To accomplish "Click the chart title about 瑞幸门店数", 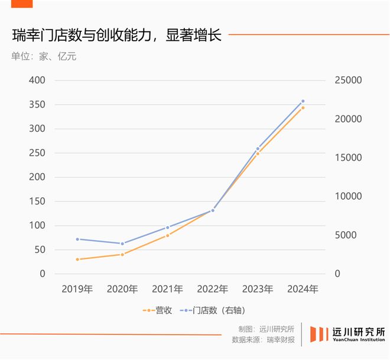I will pos(116,35).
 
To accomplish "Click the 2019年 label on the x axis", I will pos(77,290).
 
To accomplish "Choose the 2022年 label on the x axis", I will pos(213,290).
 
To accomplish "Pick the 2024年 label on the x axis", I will pos(303,290).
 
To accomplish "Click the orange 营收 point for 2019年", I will pos(77,260).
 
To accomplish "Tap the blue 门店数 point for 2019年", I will pos(77,239).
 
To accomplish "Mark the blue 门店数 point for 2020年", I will pos(122,244).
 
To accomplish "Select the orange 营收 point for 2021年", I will pos(168,235).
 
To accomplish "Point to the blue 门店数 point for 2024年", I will pos(303,101).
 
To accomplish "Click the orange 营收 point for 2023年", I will pos(258,154).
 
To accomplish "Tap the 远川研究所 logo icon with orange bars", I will pos(320,334).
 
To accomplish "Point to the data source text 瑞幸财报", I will pos(281,340).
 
